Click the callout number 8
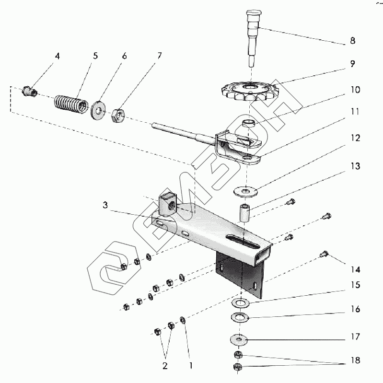point(352,41)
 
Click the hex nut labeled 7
point(118,115)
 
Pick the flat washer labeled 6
point(99,110)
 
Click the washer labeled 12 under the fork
point(245,192)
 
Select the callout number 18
point(355,360)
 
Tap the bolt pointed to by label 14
point(324,254)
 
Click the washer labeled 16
point(239,317)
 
